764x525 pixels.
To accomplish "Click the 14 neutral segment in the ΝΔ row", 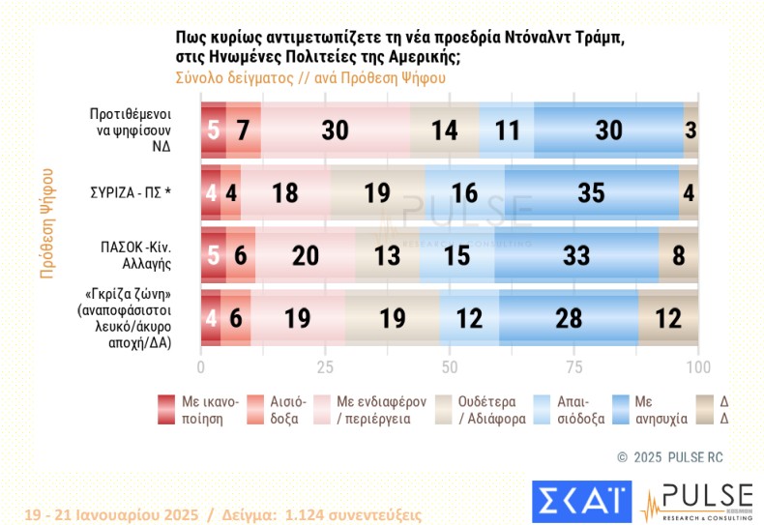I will [445, 130].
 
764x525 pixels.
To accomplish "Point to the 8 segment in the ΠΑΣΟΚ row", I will [679, 255].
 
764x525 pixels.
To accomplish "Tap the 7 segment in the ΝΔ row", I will [244, 130].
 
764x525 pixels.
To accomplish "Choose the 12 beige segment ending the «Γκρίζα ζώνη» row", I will [668, 316].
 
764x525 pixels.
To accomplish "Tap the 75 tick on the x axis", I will [574, 367].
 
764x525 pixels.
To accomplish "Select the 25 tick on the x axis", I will [325, 367].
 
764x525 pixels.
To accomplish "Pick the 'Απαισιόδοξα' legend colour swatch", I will [544, 410].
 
